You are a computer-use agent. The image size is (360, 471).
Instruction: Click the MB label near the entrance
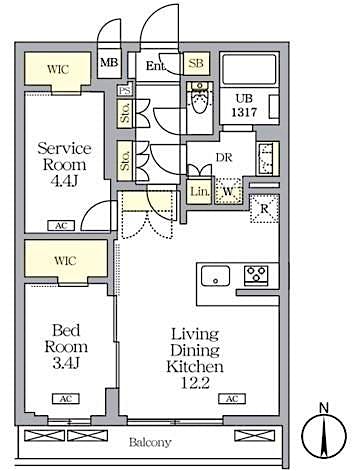coord(108,66)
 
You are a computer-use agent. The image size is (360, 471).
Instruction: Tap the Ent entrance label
coord(157,66)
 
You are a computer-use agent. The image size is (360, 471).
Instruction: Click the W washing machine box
coord(229,191)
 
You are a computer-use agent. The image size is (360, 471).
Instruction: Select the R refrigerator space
coord(264,209)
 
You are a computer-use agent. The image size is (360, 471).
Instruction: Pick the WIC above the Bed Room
coord(63,261)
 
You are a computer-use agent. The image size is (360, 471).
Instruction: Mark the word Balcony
coord(149,441)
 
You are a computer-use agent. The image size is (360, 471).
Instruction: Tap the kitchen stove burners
coord(254,275)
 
